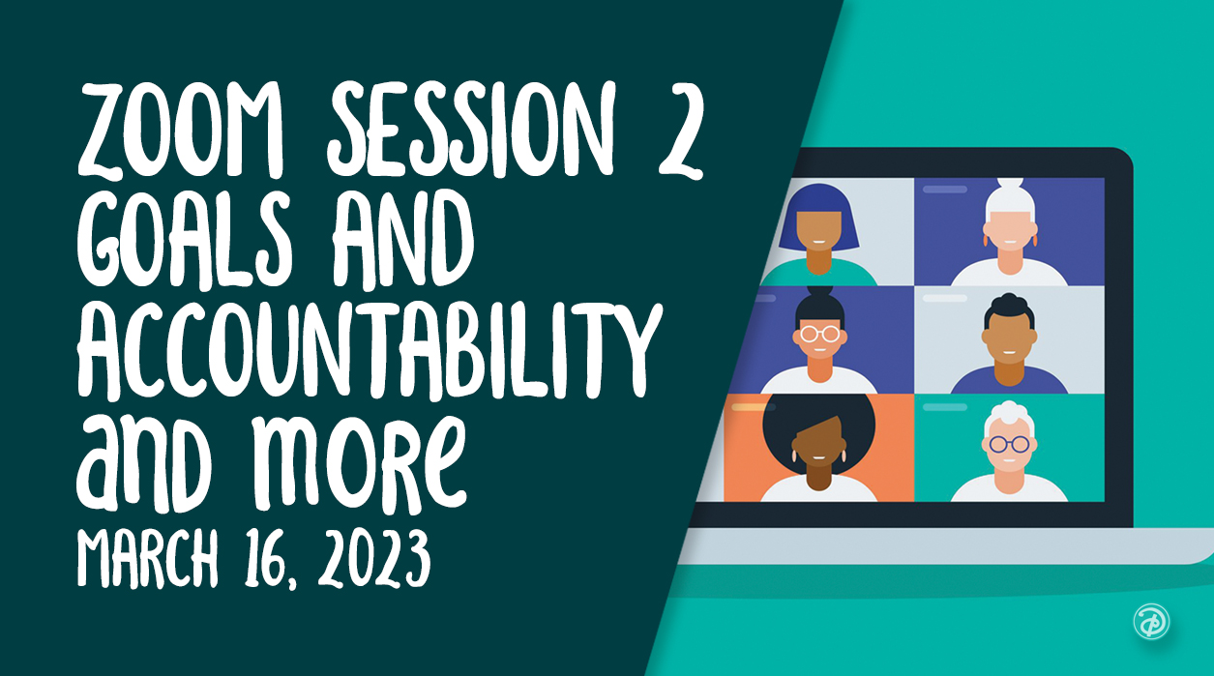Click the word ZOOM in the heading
pyautogui.click(x=181, y=130)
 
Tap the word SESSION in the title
pyautogui.click(x=471, y=130)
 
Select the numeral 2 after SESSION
pyautogui.click(x=681, y=132)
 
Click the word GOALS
pyautogui.click(x=186, y=242)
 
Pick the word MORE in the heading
pyautogui.click(x=360, y=463)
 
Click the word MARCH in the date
pyautogui.click(x=147, y=558)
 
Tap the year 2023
pyautogui.click(x=374, y=559)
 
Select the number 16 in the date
pyautogui.click(x=264, y=559)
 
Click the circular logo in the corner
pyautogui.click(x=1151, y=621)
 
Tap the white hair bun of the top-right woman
pyautogui.click(x=1010, y=183)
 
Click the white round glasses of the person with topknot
pyautogui.click(x=819, y=334)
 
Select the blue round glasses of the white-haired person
pyautogui.click(x=1009, y=445)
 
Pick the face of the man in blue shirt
pyautogui.click(x=1009, y=338)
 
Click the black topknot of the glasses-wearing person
pyautogui.click(x=819, y=294)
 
